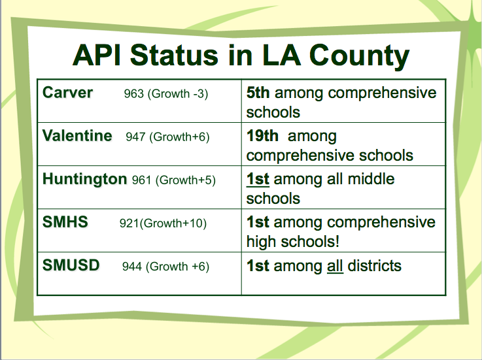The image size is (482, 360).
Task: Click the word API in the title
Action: (97, 56)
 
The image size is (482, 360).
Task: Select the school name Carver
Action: (67, 93)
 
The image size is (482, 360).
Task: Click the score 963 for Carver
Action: (133, 93)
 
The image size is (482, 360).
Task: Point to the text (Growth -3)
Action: (178, 94)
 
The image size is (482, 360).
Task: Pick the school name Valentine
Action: (77, 136)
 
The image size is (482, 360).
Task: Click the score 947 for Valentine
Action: (135, 137)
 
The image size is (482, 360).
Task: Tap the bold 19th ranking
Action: (262, 136)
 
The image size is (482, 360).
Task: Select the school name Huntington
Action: (84, 180)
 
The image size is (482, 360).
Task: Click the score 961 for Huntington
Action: (142, 180)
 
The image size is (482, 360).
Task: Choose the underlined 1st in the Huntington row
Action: (258, 179)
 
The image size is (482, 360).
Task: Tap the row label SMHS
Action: (65, 221)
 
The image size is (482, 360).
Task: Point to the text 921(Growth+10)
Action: (163, 223)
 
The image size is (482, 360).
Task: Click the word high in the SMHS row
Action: (262, 242)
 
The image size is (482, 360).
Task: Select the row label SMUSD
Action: (71, 265)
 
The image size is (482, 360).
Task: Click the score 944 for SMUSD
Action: (132, 267)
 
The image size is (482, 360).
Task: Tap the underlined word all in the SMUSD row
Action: (335, 266)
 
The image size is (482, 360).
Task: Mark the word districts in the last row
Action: (374, 266)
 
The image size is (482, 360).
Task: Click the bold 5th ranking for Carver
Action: (258, 93)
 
